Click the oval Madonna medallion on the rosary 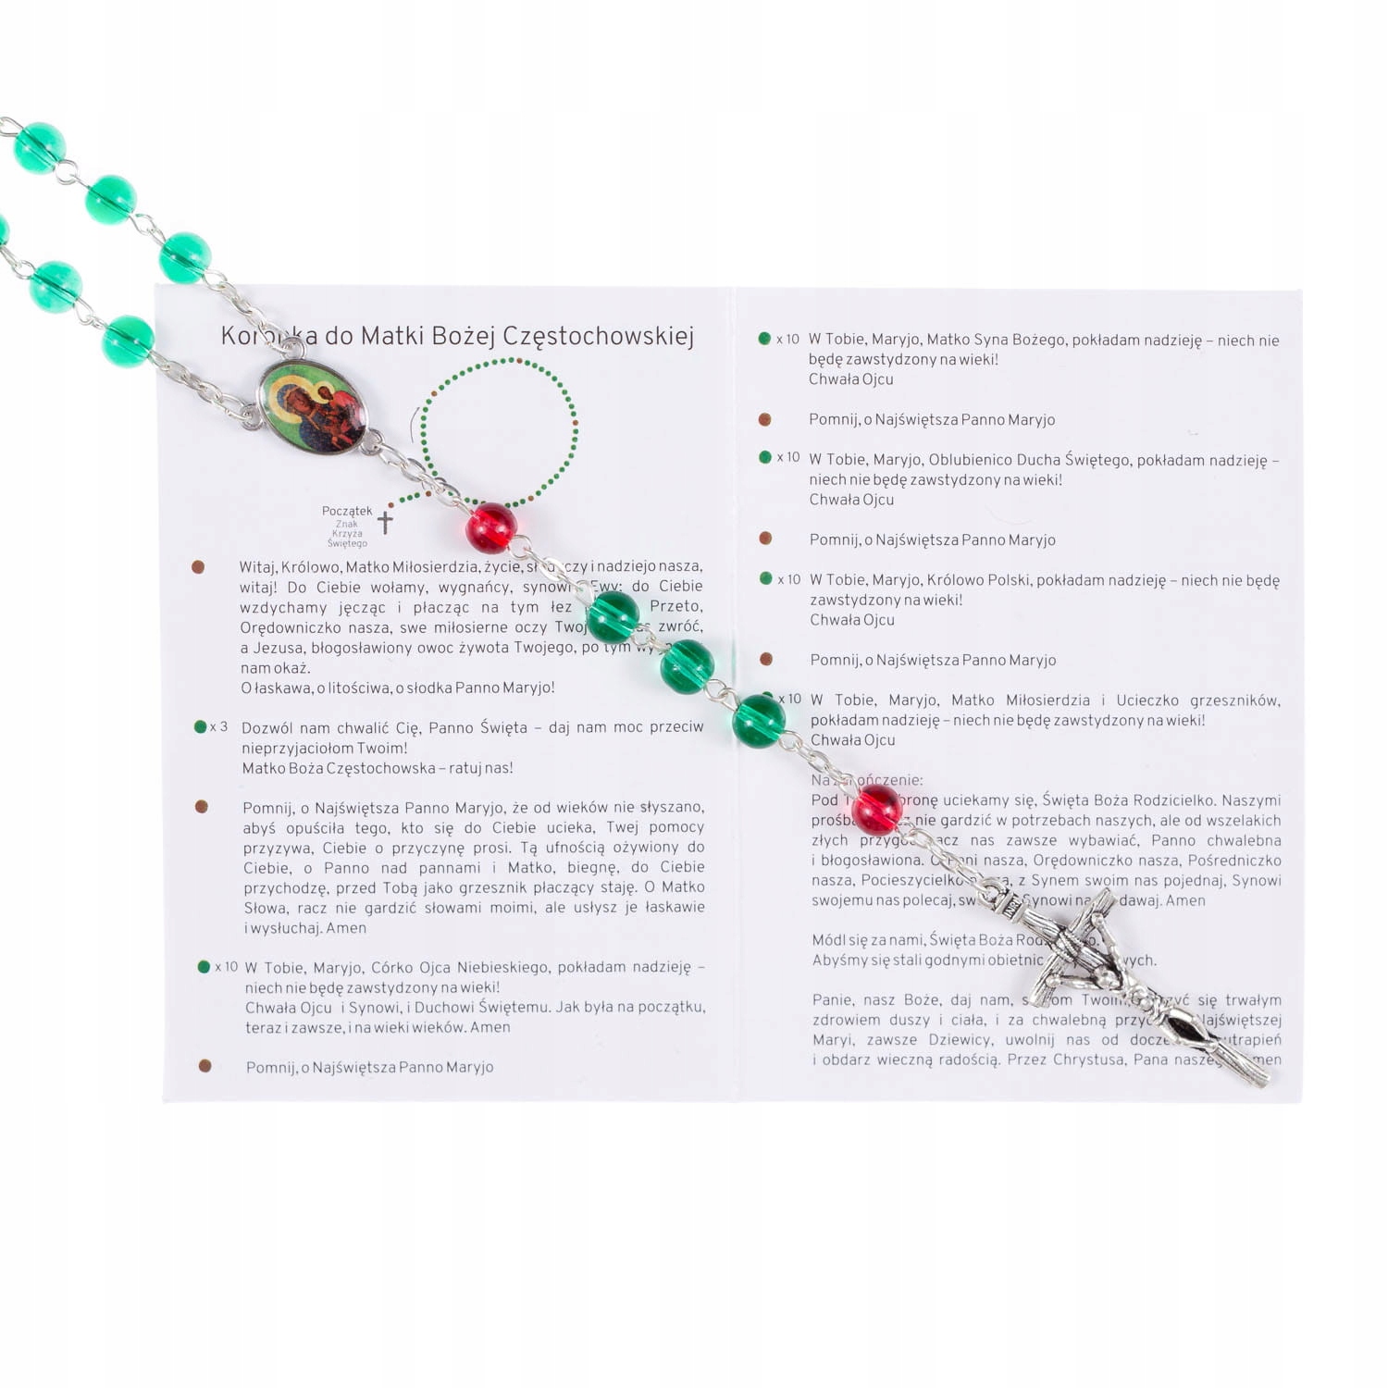312,407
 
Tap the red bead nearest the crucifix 875,809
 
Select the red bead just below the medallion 491,527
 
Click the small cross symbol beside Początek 385,522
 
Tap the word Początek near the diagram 346,511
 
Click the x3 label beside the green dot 218,727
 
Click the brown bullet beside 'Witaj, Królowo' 198,567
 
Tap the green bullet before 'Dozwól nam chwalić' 200,727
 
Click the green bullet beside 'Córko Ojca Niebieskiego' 204,967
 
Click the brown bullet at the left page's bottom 205,1066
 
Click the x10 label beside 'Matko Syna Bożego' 787,340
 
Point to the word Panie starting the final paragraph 833,1000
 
